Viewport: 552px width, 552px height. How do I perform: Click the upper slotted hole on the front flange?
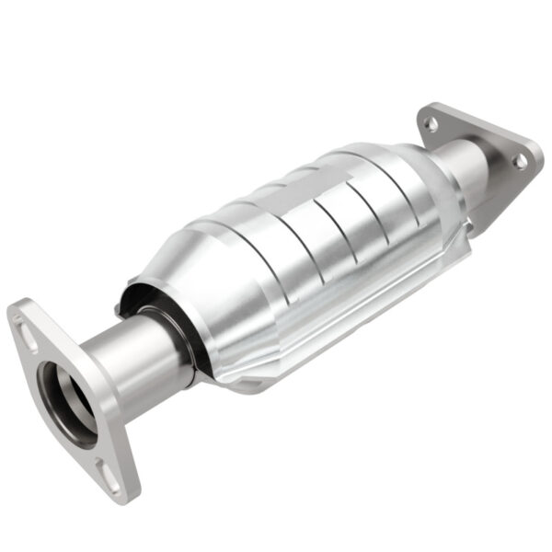tap(27, 332)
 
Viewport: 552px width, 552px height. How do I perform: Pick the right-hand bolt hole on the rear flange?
tap(520, 161)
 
